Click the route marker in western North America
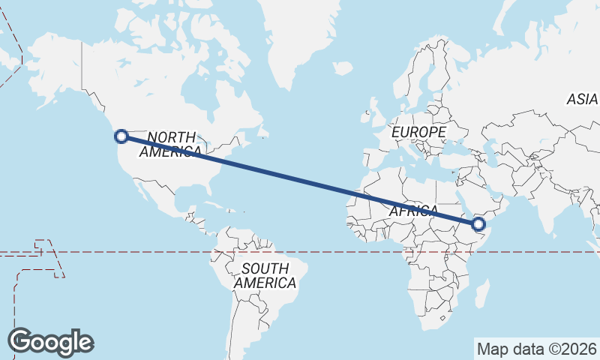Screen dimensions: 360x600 click(x=121, y=136)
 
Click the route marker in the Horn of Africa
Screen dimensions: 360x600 click(x=479, y=223)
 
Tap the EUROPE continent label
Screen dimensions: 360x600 click(x=418, y=132)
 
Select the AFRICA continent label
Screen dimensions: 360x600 click(x=413, y=211)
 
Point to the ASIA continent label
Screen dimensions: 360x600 click(x=582, y=99)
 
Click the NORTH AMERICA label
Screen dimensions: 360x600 click(x=171, y=144)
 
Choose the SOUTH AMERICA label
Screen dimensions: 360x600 click(x=265, y=276)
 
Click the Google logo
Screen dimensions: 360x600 click(x=50, y=341)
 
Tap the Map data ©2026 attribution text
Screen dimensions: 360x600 click(x=537, y=349)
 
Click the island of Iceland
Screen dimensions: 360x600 click(x=343, y=68)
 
